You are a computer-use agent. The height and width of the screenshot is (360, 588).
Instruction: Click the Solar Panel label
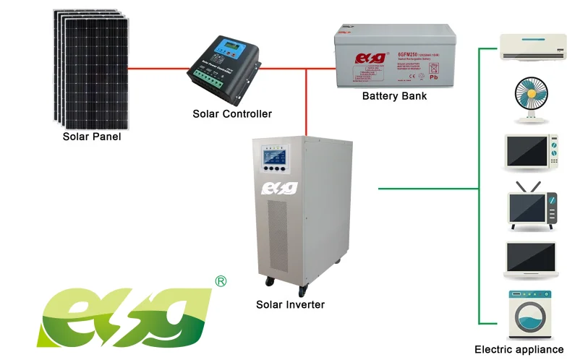pos(92,137)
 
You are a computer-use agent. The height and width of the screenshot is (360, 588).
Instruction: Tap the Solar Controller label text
pos(232,114)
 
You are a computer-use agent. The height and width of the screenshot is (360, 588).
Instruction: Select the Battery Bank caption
pos(394,95)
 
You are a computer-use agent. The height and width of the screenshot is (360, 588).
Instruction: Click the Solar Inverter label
pos(290,304)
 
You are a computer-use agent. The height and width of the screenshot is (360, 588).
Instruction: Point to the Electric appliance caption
pos(519,349)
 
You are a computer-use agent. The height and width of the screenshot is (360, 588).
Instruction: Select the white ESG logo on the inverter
pos(278,188)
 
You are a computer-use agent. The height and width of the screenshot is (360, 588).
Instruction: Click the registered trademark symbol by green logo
pos(221,280)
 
